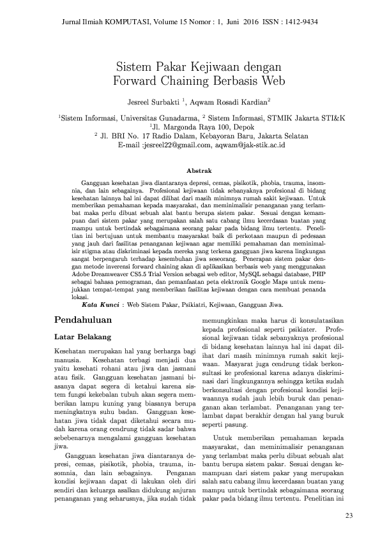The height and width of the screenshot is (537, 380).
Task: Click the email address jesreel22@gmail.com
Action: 174,145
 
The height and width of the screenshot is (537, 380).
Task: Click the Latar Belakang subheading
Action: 84,335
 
